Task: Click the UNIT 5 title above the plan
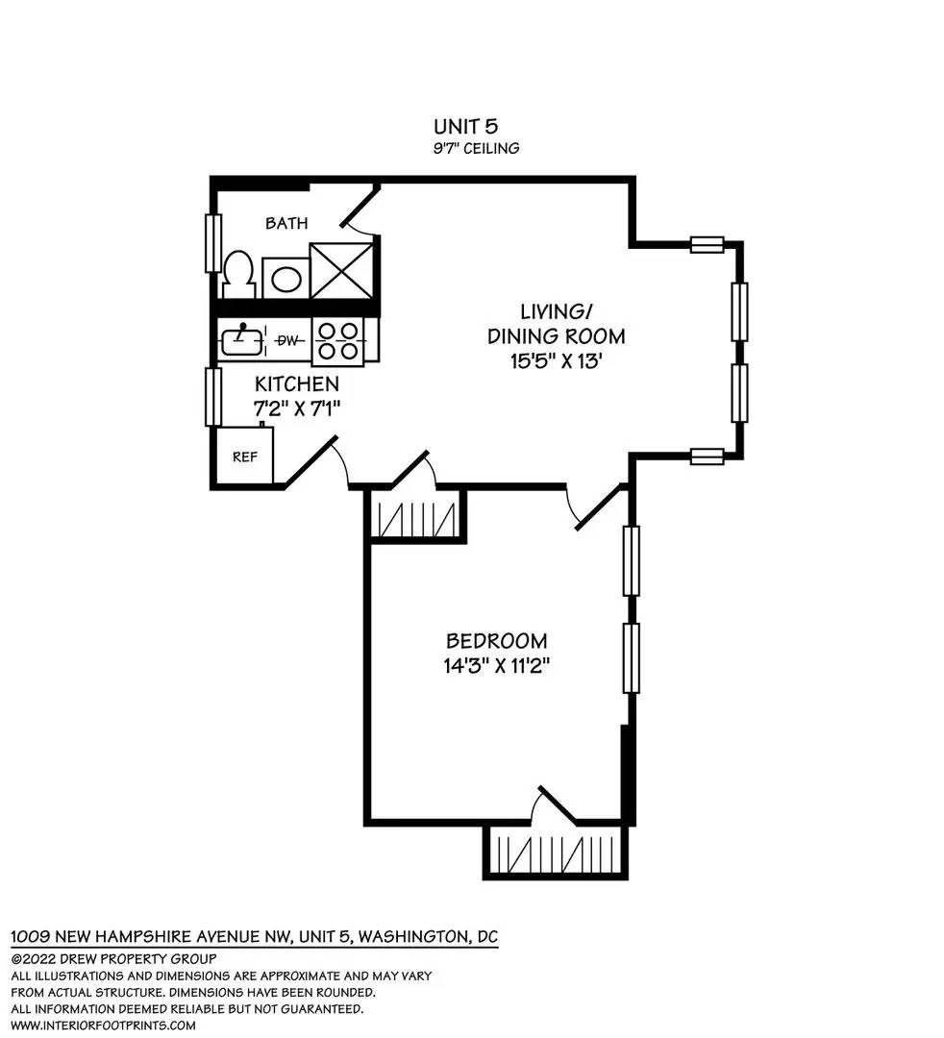[x=465, y=126]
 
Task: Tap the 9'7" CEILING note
[x=476, y=148]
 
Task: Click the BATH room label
[x=286, y=223]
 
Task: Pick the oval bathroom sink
[x=286, y=278]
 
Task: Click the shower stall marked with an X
[x=341, y=270]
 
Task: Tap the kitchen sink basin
[x=241, y=341]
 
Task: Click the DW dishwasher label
[x=286, y=340]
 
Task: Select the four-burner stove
[x=337, y=341]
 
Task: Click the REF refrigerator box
[x=245, y=457]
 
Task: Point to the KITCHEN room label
[x=297, y=383]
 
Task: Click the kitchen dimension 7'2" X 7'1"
[x=297, y=408]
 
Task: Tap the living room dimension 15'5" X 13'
[x=556, y=361]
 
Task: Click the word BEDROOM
[x=496, y=641]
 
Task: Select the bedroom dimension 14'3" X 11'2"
[x=496, y=665]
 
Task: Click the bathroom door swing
[x=360, y=211]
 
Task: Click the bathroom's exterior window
[x=213, y=243]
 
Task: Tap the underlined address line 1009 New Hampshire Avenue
[x=254, y=937]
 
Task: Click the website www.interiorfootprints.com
[x=103, y=1026]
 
